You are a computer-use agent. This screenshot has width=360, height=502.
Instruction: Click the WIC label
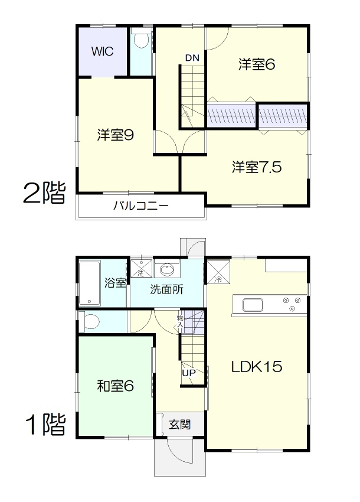(102, 51)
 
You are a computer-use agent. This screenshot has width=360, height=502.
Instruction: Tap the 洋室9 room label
(116, 135)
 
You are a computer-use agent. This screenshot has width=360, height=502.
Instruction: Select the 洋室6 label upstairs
(257, 64)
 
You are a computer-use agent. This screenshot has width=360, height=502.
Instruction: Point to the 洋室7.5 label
(257, 167)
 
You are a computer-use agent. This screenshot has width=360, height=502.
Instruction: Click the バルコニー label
(141, 206)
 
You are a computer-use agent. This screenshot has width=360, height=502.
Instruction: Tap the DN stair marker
(192, 58)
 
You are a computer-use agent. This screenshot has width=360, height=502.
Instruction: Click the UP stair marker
(189, 373)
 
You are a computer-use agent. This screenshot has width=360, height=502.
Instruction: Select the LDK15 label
(257, 367)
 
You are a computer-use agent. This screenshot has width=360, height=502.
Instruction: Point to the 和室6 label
(116, 386)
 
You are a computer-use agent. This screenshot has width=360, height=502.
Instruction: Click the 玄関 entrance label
(180, 425)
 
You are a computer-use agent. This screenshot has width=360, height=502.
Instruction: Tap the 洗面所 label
(166, 289)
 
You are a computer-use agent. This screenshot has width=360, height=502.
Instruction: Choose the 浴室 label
(115, 283)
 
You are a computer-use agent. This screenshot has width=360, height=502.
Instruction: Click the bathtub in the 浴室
(90, 283)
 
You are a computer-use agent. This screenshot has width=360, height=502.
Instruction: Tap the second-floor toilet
(141, 41)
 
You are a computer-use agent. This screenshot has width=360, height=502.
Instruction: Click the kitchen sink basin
(253, 305)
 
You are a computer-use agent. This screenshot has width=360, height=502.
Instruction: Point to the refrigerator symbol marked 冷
(218, 272)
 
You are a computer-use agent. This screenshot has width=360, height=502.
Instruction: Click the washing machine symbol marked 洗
(142, 268)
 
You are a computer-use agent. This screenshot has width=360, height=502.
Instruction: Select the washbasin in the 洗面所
(166, 269)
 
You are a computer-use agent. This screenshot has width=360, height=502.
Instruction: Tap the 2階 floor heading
(44, 193)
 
